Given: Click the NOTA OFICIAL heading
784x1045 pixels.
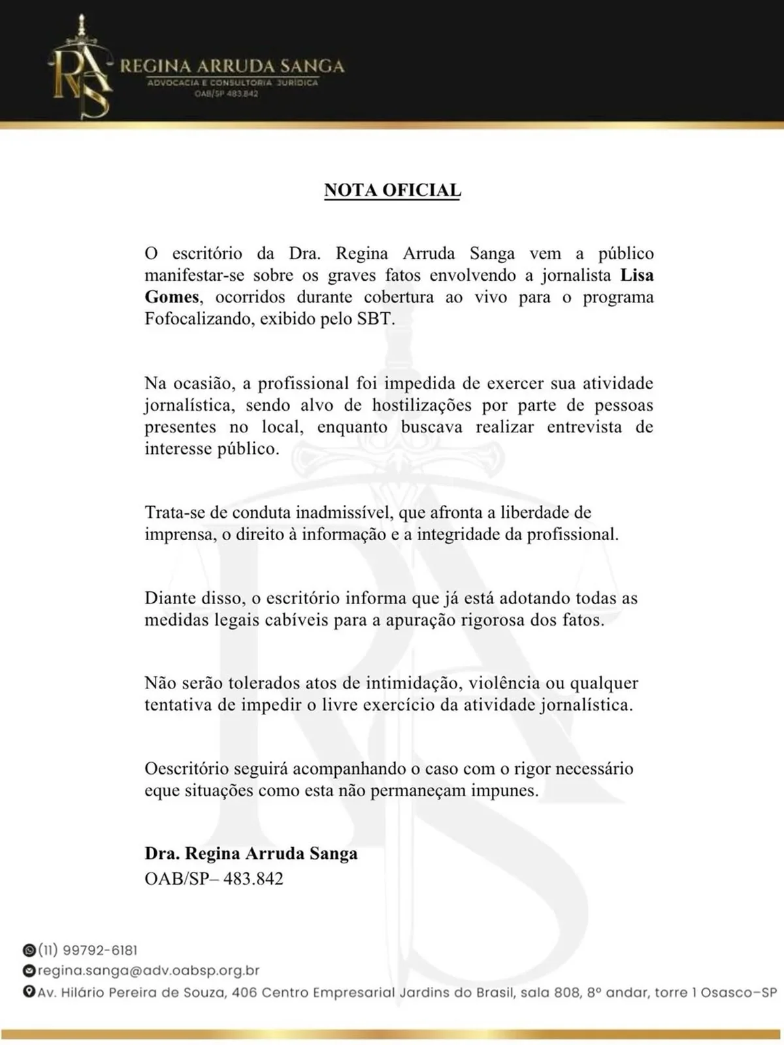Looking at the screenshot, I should pos(392,190).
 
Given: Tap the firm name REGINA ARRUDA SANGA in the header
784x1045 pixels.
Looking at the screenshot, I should pos(233,66).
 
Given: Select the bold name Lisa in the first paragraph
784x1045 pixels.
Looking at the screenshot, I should pos(636,275).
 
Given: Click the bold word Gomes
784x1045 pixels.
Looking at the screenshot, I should pos(171,297).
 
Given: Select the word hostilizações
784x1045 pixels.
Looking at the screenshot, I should pos(421,405).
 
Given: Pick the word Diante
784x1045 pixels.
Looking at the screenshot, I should pos(167,598).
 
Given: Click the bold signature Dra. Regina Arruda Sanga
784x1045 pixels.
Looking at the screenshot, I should pos(251,854).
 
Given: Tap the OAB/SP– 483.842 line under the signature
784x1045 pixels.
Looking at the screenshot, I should pos(214,878).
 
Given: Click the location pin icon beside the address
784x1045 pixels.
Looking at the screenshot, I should pos(29,992).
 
